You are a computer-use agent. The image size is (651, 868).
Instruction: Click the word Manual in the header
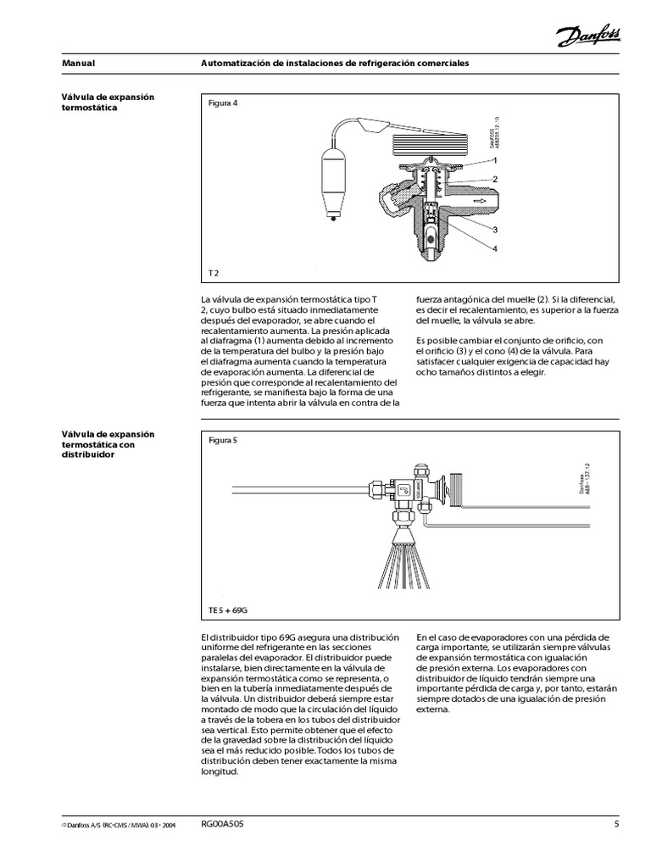pyautogui.click(x=79, y=64)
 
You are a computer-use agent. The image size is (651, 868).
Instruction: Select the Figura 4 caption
pyautogui.click(x=223, y=103)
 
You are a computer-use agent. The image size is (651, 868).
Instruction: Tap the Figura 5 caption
pyautogui.click(x=223, y=440)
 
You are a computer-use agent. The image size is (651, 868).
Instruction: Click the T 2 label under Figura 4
pyautogui.click(x=214, y=273)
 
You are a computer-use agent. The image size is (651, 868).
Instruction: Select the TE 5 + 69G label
pyautogui.click(x=227, y=609)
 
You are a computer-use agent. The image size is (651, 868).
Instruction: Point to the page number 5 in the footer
pyautogui.click(x=617, y=823)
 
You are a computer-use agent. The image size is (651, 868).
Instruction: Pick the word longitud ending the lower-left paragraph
pyautogui.click(x=220, y=772)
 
